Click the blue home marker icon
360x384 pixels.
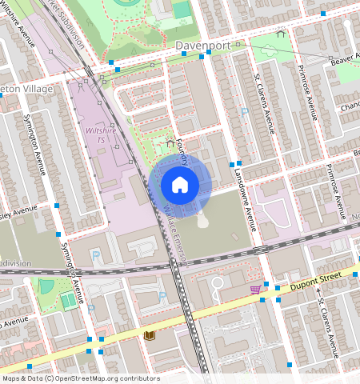coord(180,186)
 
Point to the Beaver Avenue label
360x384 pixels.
coord(343,56)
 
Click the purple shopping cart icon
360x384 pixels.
coord(255,289)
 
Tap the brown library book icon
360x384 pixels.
coord(148,336)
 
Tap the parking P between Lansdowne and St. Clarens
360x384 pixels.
coord(244,112)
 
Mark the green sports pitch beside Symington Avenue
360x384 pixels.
coord(69,300)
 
